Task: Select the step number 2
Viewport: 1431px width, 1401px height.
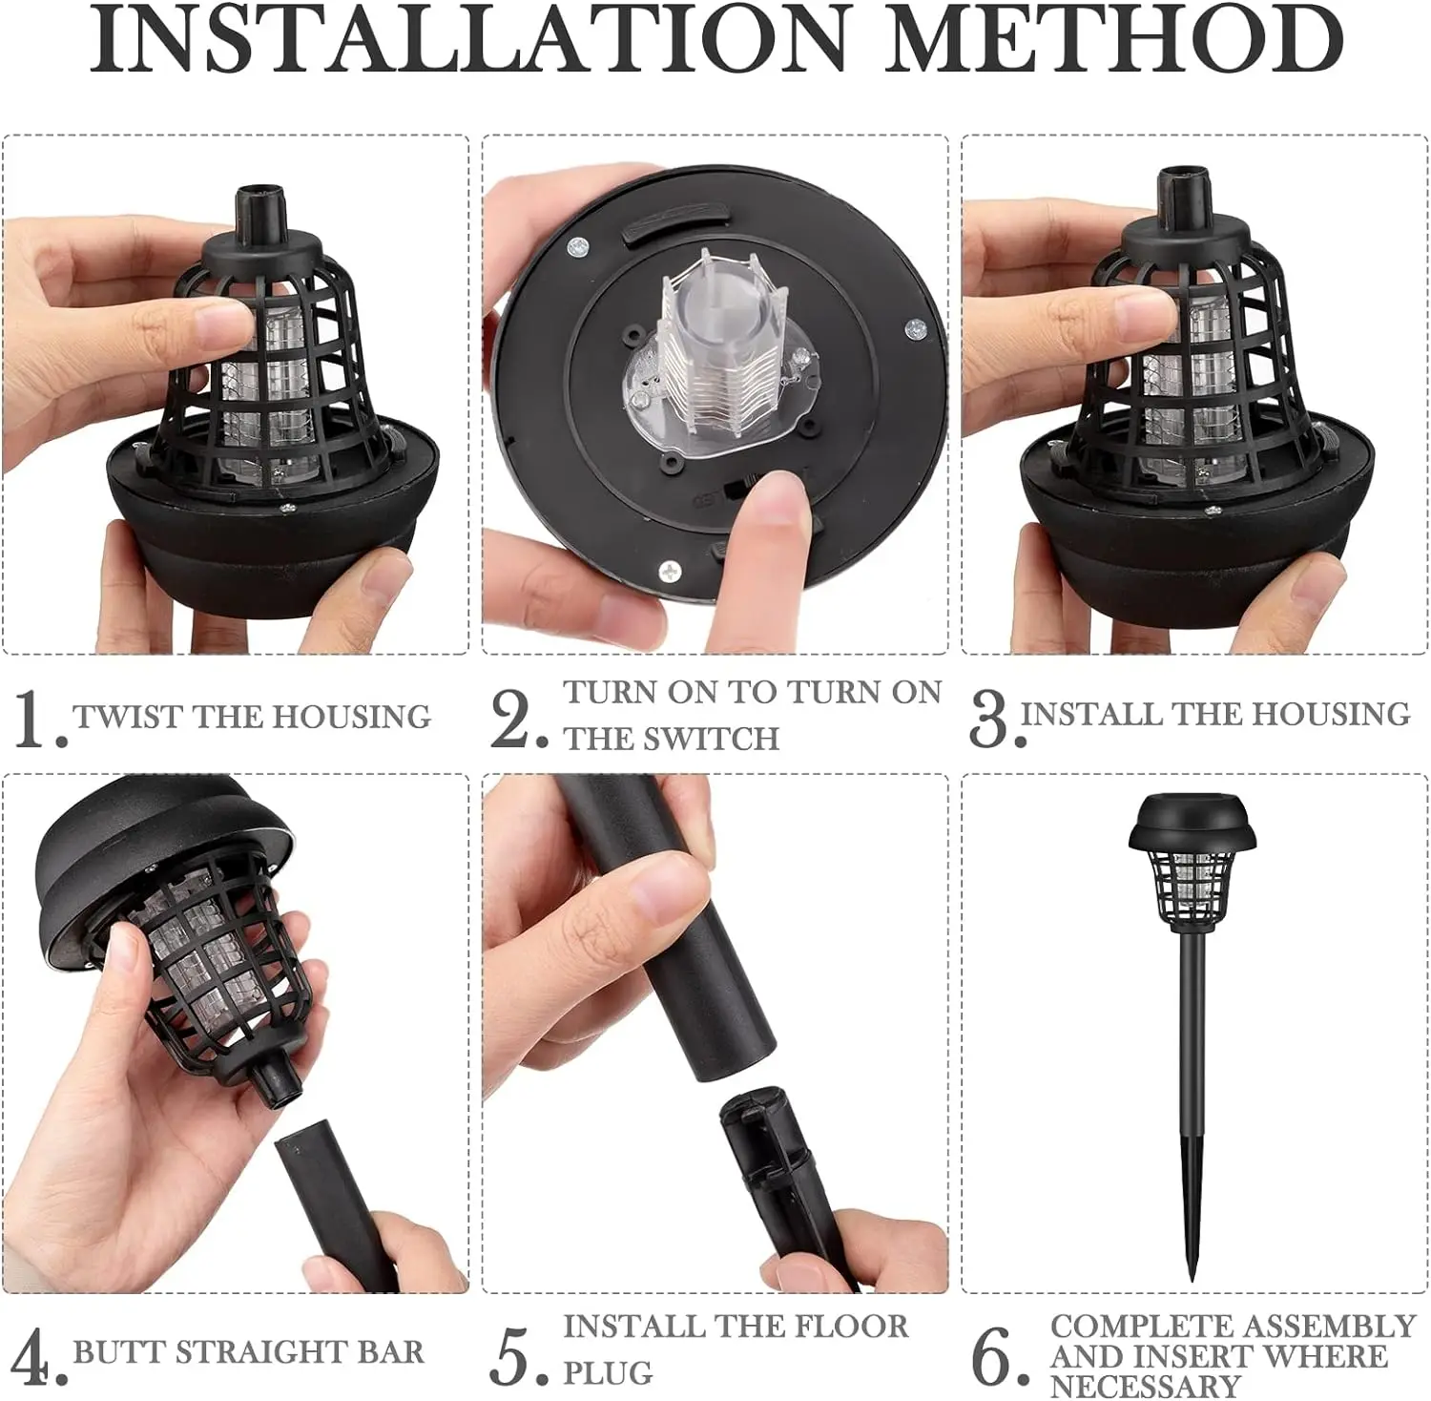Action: [515, 719]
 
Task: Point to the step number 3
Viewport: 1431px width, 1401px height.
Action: [989, 719]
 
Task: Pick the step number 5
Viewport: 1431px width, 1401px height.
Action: [515, 1356]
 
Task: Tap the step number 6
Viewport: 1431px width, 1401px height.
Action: [995, 1356]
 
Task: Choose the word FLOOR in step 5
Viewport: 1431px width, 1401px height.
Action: [846, 1327]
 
